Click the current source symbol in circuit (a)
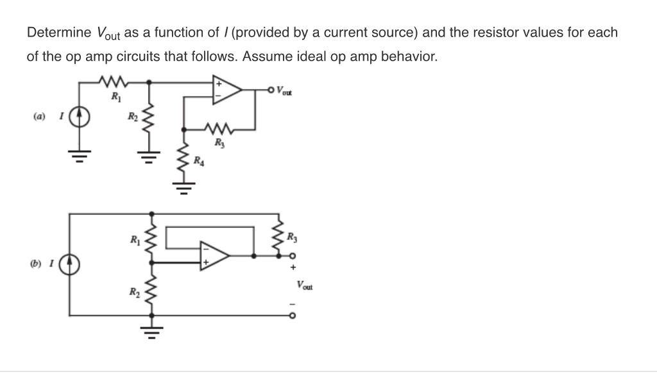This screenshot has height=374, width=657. coord(80,117)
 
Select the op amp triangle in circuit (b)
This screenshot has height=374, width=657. coord(214,255)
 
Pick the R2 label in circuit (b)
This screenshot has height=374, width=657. coord(133,293)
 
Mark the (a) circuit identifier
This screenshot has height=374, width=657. coord(40,117)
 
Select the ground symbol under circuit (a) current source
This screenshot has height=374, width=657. coord(80,153)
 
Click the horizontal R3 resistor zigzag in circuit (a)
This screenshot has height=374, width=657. coord(219,128)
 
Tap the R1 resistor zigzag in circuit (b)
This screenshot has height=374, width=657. coord(152,237)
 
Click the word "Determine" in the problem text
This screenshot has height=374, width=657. coord(58,33)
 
